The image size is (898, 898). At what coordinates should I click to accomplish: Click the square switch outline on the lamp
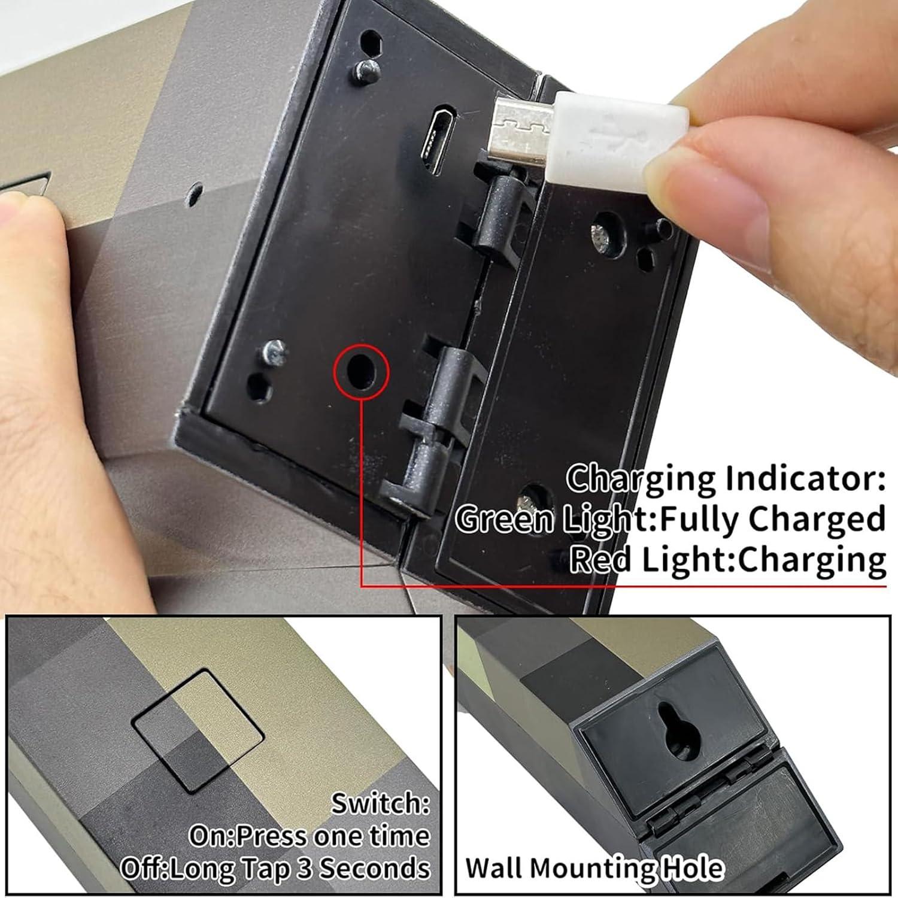[198, 730]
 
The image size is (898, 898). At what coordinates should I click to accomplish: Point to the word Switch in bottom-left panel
[380, 803]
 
